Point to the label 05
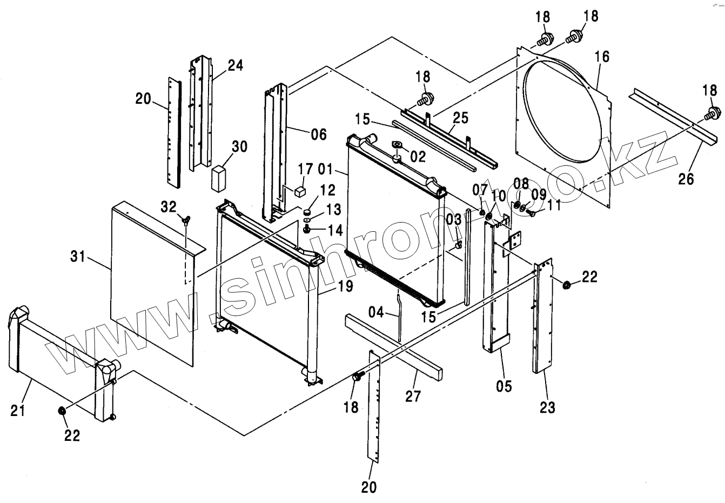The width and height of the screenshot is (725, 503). coord(504,386)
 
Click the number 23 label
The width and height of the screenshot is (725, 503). coord(547,407)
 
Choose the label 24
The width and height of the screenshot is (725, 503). coord(235,66)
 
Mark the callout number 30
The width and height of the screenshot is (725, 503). coord(239,146)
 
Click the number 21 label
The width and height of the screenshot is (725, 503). coord(18,412)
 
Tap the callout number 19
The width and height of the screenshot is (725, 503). coord(345,286)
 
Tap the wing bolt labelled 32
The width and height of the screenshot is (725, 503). coord(186,219)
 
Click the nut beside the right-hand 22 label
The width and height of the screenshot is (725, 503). coord(567,285)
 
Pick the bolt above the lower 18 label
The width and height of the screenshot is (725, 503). coord(357,377)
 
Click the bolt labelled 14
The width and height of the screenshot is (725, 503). coord(306,230)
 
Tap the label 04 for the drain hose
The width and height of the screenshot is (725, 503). coord(377,312)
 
